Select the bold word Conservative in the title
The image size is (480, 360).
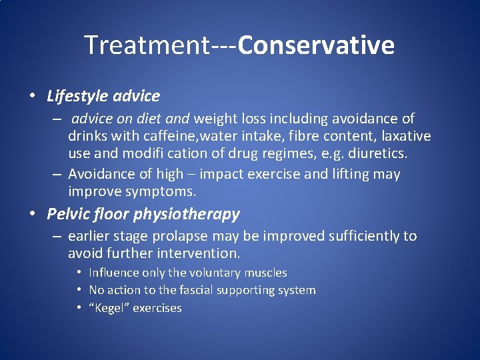click(x=316, y=45)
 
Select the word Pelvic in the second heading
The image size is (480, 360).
click(x=67, y=214)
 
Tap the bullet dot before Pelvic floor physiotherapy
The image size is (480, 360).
click(x=33, y=213)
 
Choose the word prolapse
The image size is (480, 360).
click(x=183, y=237)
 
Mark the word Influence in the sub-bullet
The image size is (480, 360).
click(x=114, y=273)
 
